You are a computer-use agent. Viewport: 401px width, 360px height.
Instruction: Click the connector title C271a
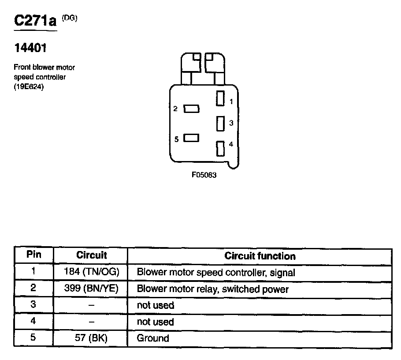click(35, 21)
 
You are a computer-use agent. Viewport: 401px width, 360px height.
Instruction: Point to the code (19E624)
click(29, 86)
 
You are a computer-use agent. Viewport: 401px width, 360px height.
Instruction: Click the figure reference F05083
click(204, 175)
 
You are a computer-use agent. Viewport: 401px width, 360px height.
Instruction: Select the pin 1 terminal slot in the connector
click(220, 98)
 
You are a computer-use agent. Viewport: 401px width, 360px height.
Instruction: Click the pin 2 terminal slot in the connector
click(191, 109)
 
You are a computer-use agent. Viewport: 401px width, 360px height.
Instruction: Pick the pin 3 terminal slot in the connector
click(220, 123)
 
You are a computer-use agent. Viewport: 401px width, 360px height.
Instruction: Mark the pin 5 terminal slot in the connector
click(191, 138)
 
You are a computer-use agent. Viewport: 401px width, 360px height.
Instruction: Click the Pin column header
click(33, 255)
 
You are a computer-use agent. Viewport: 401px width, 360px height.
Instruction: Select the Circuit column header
click(92, 255)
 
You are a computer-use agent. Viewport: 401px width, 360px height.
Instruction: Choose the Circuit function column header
click(260, 256)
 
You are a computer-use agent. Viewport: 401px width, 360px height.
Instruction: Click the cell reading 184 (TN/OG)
click(92, 272)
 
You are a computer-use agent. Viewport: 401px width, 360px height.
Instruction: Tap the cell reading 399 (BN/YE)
click(92, 289)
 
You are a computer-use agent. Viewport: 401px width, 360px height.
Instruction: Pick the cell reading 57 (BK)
click(92, 338)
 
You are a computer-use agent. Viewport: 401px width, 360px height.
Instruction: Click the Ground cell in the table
click(153, 338)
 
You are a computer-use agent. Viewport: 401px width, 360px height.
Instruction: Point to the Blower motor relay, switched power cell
click(213, 289)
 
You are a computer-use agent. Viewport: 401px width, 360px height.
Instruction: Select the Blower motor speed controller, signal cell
click(216, 272)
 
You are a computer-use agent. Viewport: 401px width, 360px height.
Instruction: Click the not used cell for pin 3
click(155, 305)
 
